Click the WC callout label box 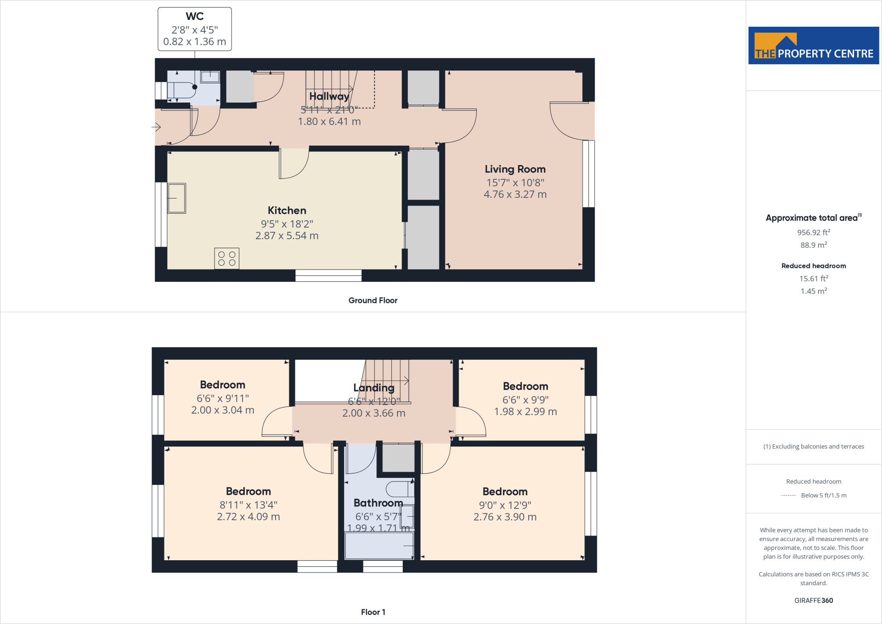[x=195, y=29]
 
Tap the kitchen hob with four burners [x=227, y=259]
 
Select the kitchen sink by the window [x=177, y=198]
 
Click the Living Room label [x=515, y=169]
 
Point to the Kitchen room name [x=287, y=210]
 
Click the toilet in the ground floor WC [x=181, y=90]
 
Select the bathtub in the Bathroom [x=379, y=546]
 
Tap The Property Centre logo [x=814, y=46]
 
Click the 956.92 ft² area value [x=814, y=232]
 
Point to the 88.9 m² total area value [x=814, y=245]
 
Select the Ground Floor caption [x=373, y=300]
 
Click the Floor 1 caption [x=373, y=612]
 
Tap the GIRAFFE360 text [x=814, y=600]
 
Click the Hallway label [x=329, y=96]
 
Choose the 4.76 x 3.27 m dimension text [x=515, y=194]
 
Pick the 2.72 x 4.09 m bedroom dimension [x=248, y=517]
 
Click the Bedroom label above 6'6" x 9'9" [x=525, y=386]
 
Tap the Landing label [x=374, y=388]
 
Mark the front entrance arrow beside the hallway [x=156, y=127]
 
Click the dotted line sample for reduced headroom [x=789, y=496]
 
